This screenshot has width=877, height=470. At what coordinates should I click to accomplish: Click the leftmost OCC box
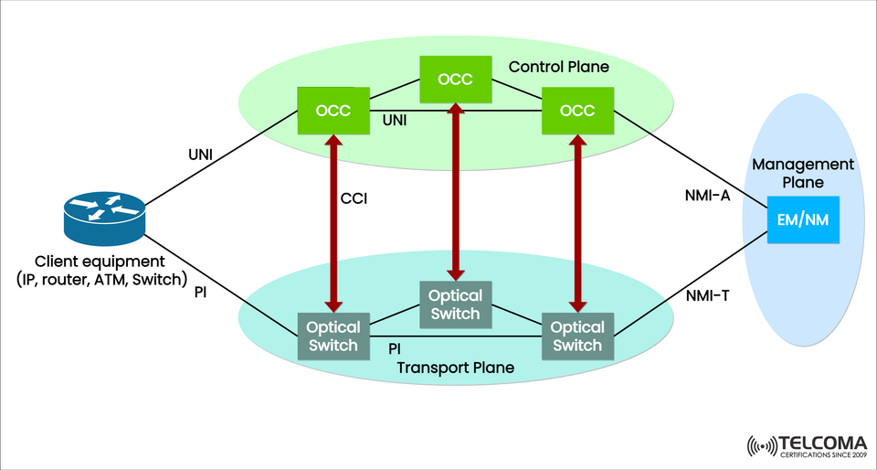[333, 110]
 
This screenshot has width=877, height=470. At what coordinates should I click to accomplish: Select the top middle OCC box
[455, 80]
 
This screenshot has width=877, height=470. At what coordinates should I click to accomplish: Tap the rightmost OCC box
[577, 110]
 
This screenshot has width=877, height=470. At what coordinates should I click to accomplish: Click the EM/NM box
[803, 219]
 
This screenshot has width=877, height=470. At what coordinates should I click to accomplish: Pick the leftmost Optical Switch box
[333, 336]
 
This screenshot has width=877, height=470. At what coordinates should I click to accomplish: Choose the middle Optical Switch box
[455, 304]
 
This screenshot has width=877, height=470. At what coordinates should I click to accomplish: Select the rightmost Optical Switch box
[577, 336]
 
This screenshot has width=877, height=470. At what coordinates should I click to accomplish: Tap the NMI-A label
[707, 194]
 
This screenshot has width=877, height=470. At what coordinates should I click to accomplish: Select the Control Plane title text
[558, 67]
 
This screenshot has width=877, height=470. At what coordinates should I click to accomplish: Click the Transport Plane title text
[456, 368]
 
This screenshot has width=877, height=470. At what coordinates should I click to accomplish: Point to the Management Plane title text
[803, 173]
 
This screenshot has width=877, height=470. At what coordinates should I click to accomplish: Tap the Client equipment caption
[100, 270]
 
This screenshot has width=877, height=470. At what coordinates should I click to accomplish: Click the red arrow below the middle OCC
[455, 191]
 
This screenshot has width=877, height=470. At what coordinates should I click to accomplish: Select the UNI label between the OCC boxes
[394, 120]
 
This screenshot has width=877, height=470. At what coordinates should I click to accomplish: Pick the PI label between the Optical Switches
[395, 348]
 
